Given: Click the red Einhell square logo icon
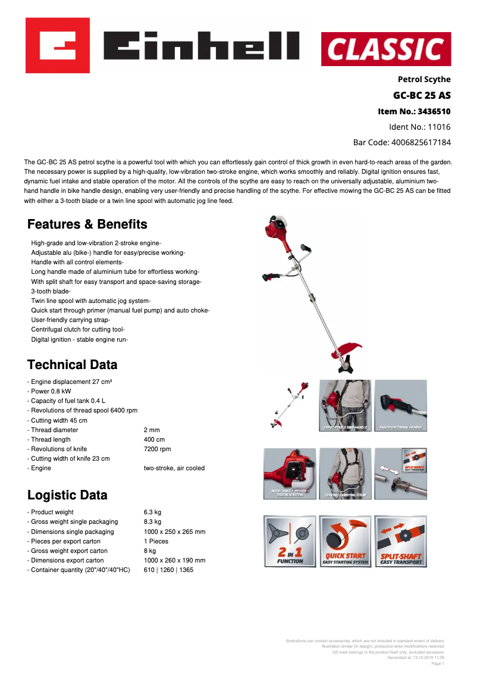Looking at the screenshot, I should (x=57, y=45).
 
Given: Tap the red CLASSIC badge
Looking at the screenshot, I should (x=386, y=49).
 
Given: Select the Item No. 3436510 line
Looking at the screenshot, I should (x=414, y=111).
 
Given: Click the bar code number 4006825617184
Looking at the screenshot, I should (x=401, y=142).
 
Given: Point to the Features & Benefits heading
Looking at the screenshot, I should (x=87, y=224).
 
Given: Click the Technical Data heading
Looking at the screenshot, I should (x=73, y=364).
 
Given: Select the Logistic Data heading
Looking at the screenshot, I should (x=67, y=495).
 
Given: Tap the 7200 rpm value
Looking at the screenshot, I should (x=157, y=449).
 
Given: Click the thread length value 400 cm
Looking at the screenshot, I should (x=154, y=439).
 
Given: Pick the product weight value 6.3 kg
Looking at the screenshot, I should (x=152, y=512).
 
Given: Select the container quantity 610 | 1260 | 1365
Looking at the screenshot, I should (x=168, y=570).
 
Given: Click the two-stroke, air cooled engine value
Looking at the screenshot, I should (x=174, y=468).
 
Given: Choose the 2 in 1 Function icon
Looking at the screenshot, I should (x=290, y=541).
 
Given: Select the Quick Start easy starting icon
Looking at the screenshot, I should (x=345, y=541).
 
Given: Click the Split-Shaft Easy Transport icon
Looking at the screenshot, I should (x=400, y=541).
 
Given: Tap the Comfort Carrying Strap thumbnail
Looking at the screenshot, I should (x=345, y=473).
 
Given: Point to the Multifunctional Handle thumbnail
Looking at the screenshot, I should (x=400, y=405).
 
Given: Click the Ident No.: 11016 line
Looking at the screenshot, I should (x=419, y=127).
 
